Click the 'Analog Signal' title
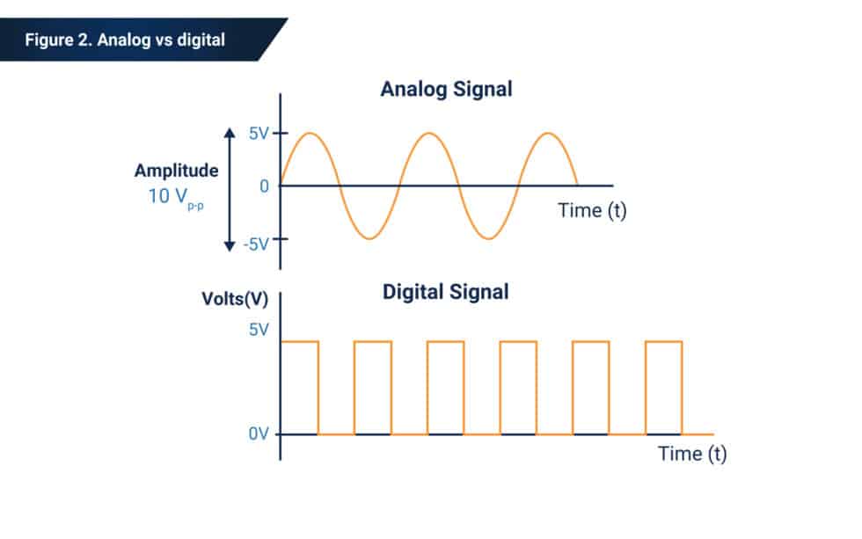coord(446,90)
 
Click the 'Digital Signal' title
coord(445,292)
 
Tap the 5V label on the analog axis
coord(258,134)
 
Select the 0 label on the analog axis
coord(263,186)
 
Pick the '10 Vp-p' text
coord(176,195)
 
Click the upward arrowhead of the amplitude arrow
coord(229,133)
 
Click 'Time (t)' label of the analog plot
coord(592,211)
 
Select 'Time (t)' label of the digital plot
coord(693,454)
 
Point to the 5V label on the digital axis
coord(258,331)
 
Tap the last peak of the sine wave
coord(548,134)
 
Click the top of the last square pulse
coord(663,341)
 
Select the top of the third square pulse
coord(445,341)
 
